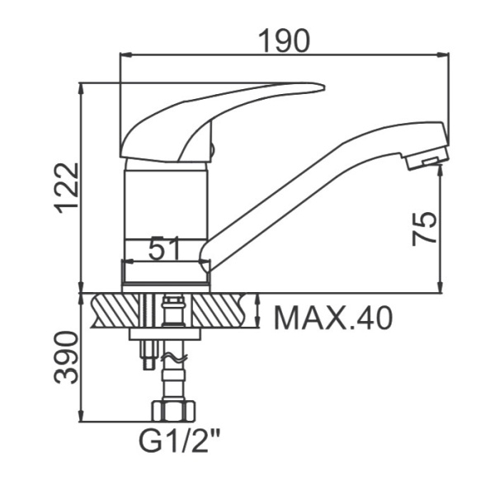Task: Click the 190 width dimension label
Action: tap(284, 40)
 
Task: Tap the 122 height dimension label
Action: tap(66, 188)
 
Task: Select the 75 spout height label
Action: tap(425, 229)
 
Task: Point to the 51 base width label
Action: tap(163, 247)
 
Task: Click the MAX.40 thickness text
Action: tap(333, 318)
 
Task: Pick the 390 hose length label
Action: tap(66, 357)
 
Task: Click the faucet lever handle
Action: tap(222, 122)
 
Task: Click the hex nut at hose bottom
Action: tap(173, 411)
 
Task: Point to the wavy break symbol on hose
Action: tap(174, 357)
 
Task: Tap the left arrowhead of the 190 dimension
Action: tap(125, 55)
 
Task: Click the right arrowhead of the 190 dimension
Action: tap(443, 55)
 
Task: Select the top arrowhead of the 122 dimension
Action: tap(82, 88)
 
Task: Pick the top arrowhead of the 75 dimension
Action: tap(441, 170)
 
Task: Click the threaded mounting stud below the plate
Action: tap(148, 355)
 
